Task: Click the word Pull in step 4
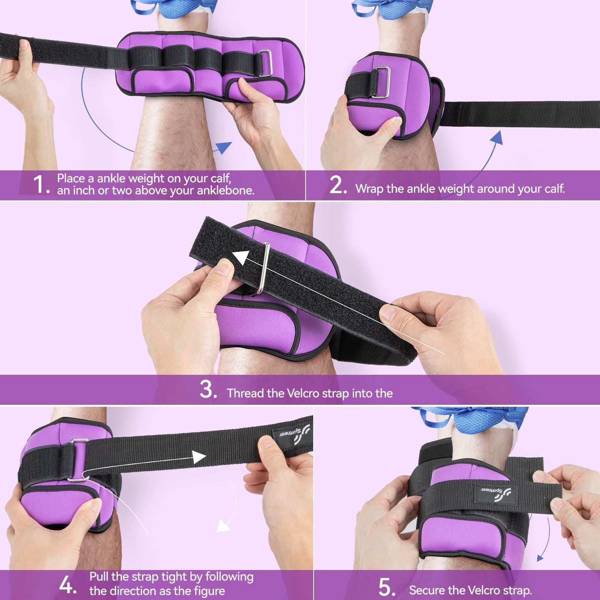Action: click(99, 577)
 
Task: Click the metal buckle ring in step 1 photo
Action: click(266, 63)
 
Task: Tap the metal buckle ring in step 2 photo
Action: click(382, 82)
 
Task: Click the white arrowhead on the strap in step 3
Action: click(241, 258)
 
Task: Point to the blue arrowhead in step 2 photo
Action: click(497, 137)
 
